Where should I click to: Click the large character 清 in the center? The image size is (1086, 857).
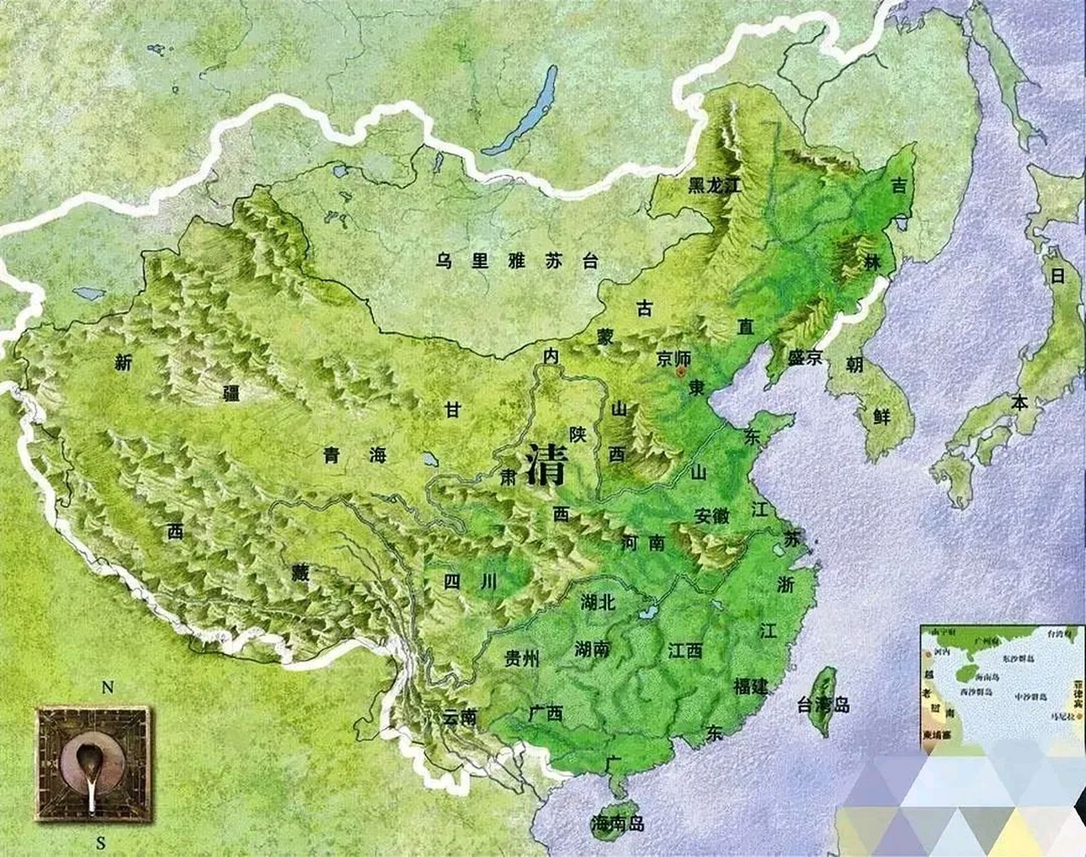pos(547,463)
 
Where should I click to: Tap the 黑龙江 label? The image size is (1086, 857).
pos(715,186)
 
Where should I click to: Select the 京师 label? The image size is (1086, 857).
pos(673,358)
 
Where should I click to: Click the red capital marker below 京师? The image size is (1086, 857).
pos(681,370)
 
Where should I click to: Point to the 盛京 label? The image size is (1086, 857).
pos(805,358)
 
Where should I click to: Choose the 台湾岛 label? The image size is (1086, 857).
pos(823,704)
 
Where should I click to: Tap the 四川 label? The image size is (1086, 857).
pos(470,582)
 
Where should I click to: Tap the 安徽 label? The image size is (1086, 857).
pos(711,516)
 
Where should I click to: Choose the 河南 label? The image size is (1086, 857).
pos(643,542)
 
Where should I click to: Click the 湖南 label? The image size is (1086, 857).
pos(593,649)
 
